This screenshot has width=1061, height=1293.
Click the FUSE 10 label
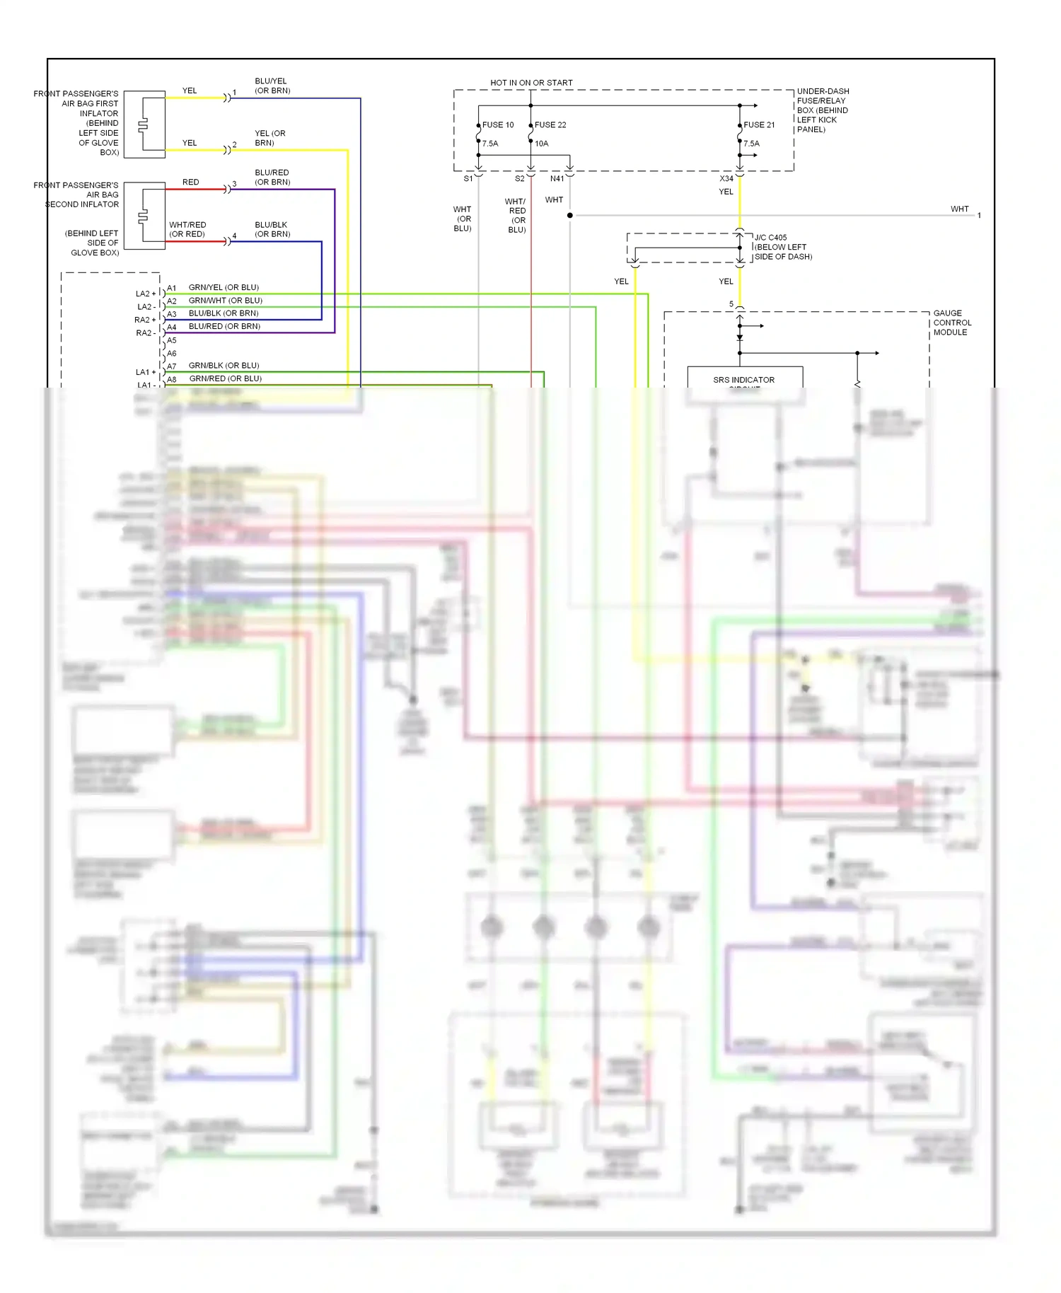click(x=498, y=125)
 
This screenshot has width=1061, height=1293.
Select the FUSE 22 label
click(x=550, y=125)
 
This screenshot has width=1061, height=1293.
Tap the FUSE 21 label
click(x=759, y=125)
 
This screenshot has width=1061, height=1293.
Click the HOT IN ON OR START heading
click(x=531, y=83)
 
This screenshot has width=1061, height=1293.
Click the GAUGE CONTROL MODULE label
click(x=952, y=323)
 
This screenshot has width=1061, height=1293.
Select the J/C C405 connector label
click(x=770, y=238)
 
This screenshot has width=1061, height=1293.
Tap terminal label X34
click(x=726, y=179)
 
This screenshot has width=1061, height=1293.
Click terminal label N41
click(x=557, y=179)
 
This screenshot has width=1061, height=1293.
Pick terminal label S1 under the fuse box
click(x=468, y=179)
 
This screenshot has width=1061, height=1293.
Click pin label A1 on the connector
click(x=172, y=289)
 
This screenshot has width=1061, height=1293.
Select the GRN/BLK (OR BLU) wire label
click(x=224, y=366)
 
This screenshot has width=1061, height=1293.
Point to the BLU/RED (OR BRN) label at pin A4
click(x=224, y=327)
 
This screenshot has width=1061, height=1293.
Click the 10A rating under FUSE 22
click(x=542, y=144)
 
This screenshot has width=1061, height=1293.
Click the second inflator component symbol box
click(x=145, y=216)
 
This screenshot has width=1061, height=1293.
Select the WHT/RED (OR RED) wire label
click(x=187, y=229)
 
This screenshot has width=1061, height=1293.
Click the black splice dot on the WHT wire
click(x=570, y=215)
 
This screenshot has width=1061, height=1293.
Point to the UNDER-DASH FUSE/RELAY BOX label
click(x=823, y=110)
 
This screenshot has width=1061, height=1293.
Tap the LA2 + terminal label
click(x=146, y=294)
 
